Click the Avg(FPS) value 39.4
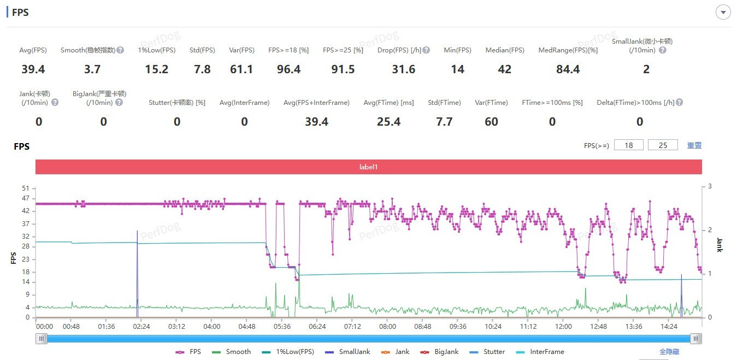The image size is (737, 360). [33, 69]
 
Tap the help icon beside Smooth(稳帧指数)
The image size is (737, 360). [120, 50]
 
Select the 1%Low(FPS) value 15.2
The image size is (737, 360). [156, 69]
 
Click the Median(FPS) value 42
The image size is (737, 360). [504, 69]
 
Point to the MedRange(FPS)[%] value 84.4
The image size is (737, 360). [568, 69]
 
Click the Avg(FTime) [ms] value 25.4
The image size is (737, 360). [388, 122]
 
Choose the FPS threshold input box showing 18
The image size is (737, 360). [628, 145]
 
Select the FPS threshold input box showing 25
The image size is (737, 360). [663, 145]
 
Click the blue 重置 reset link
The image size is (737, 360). [694, 145]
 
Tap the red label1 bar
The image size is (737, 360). [368, 167]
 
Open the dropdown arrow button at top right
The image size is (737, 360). [723, 12]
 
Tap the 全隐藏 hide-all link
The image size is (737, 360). [669, 352]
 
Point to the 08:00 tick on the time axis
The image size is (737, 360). [387, 327]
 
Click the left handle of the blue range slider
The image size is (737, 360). [42, 339]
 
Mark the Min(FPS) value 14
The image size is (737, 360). [457, 69]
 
